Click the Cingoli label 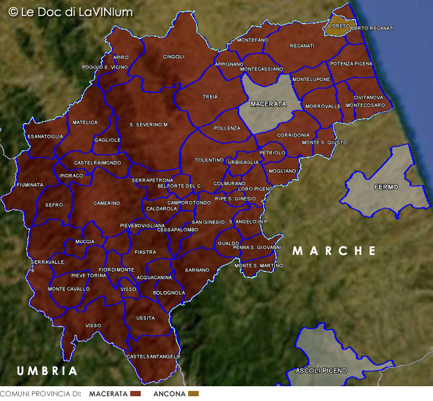174,57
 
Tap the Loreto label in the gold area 339,26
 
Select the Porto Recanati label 372,28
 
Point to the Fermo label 386,187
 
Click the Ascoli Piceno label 321,371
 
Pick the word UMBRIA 47,371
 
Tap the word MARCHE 334,251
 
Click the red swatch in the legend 135,394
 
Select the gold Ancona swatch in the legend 193,394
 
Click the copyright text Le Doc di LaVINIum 70,12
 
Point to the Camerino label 106,203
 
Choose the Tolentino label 209,160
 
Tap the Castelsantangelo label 153,357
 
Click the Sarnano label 197,270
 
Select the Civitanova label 369,98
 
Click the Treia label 210,96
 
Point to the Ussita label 146,318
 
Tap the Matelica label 85,122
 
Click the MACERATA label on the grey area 268,104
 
